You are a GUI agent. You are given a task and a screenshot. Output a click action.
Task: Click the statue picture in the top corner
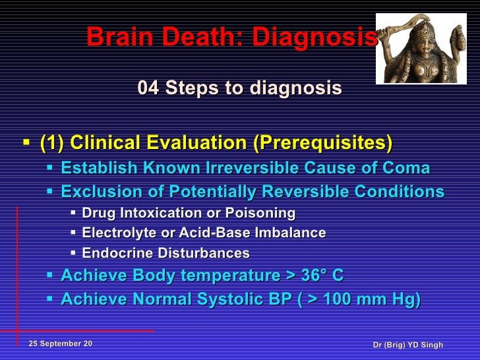421,48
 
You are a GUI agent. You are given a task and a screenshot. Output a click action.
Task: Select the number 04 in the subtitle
148,88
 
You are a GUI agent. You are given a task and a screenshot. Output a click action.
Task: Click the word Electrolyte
115,233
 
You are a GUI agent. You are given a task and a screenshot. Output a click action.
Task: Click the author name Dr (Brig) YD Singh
407,345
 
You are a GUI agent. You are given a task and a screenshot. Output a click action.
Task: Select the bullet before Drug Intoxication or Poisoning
73,214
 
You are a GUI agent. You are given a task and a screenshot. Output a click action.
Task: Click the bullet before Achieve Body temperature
51,276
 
